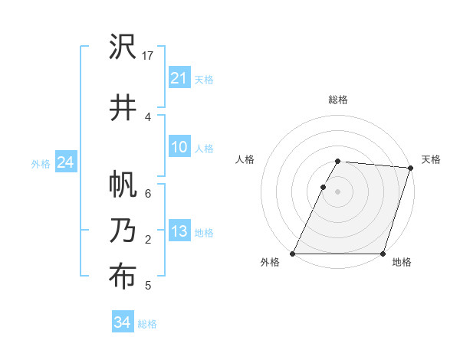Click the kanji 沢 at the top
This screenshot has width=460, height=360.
(x=122, y=47)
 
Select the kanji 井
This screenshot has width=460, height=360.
(x=122, y=108)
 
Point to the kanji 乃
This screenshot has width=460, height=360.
(x=122, y=231)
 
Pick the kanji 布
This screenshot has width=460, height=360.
(x=122, y=277)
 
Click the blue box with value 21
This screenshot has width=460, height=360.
(x=179, y=78)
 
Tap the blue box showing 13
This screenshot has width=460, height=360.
(x=179, y=232)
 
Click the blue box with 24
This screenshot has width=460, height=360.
(x=65, y=163)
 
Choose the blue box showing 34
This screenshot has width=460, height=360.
(x=122, y=322)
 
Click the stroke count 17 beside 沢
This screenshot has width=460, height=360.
(x=149, y=56)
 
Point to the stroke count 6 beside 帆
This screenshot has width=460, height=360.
(x=148, y=194)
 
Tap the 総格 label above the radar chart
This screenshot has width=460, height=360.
(x=338, y=100)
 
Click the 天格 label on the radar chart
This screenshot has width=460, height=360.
(x=431, y=159)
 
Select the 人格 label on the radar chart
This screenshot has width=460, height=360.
(x=245, y=159)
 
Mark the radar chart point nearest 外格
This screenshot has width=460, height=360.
(x=293, y=254)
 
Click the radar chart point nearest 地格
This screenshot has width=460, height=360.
(x=383, y=254)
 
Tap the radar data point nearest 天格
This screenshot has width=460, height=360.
(x=411, y=168)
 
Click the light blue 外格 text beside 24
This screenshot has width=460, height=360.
(x=41, y=164)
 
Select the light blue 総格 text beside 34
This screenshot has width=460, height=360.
(x=147, y=323)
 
